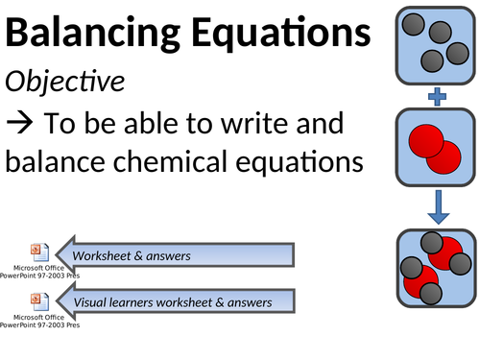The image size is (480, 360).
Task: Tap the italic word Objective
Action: [x=64, y=83]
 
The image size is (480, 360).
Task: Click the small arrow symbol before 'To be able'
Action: [x=19, y=124]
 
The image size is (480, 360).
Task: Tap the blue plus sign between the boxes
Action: [x=437, y=96]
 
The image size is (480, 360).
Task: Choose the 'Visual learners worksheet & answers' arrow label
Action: [x=173, y=302]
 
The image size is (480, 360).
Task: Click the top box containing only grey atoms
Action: [x=437, y=43]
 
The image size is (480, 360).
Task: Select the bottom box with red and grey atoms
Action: [x=437, y=270]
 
